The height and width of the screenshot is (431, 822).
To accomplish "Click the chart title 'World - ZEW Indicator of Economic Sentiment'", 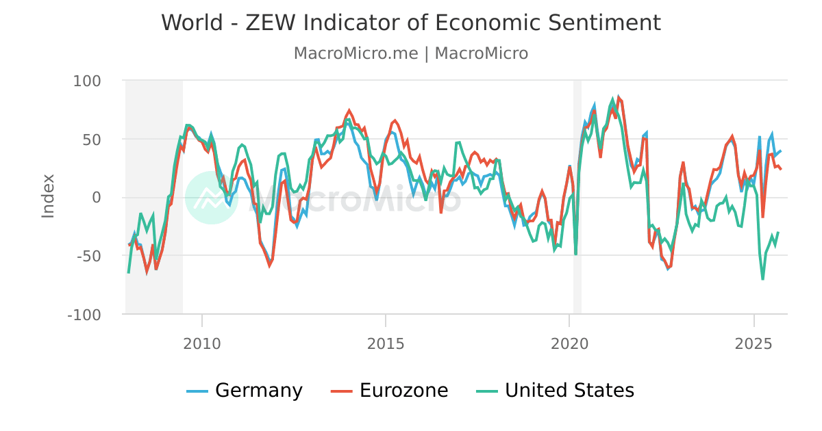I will point(411,23).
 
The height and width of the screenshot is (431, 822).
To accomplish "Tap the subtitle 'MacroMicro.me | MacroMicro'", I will point(411,53).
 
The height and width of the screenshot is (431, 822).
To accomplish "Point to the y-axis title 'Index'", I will point(48,196).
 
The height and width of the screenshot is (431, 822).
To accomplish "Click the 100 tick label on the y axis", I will point(87,81).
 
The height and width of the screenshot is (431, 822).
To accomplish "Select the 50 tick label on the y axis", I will point(92,139).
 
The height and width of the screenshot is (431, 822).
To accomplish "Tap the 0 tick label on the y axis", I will point(96,198).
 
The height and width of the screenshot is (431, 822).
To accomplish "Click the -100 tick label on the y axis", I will point(84,315).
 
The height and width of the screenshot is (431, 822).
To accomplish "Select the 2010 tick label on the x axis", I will point(202,343).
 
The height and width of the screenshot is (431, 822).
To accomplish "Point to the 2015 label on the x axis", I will point(386,343).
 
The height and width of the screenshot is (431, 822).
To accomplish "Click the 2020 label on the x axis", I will point(569,343).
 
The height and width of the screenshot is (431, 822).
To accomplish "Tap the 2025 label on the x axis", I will point(754,343).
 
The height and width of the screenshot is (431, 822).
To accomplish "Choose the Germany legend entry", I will point(258,391).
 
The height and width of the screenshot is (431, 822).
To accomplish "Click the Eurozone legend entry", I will point(403,391).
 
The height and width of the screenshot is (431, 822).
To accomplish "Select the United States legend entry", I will point(569,391).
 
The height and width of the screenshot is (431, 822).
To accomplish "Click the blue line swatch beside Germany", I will point(197,391).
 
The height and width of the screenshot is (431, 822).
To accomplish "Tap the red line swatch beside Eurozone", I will point(342,391).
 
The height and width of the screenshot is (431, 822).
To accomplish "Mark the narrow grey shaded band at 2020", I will point(577,196).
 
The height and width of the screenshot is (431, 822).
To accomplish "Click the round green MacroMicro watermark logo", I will point(212,198).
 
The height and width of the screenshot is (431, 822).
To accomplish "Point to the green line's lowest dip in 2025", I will point(762,279).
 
